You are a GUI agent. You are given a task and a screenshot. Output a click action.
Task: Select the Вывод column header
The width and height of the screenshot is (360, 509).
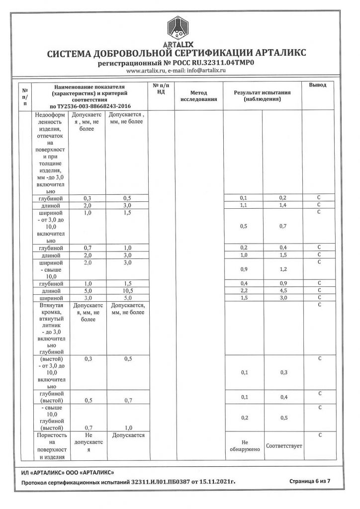coord(318,85)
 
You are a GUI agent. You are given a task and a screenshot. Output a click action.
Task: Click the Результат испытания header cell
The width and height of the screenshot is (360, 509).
coord(262,96)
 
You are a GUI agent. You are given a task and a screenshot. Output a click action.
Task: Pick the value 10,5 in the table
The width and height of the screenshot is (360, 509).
coord(127,290)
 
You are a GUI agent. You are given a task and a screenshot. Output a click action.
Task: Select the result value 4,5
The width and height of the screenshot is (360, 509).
coord(282,290)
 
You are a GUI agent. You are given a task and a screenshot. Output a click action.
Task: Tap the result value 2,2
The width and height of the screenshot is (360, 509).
coord(244,290)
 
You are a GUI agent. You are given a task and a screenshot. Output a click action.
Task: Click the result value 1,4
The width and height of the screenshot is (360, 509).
coord(282,205)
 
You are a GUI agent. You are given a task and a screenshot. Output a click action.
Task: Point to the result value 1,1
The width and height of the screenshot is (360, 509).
coord(244,205)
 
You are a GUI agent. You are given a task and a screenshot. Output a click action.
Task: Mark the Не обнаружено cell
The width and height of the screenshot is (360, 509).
coord(244,445)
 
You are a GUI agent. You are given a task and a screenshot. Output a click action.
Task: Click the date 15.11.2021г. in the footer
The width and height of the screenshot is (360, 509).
coord(214,482)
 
